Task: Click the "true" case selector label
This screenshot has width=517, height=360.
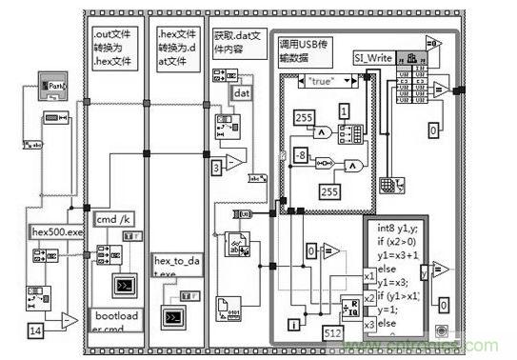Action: pyautogui.click(x=327, y=83)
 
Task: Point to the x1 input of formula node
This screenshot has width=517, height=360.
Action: pyautogui.click(x=369, y=275)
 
